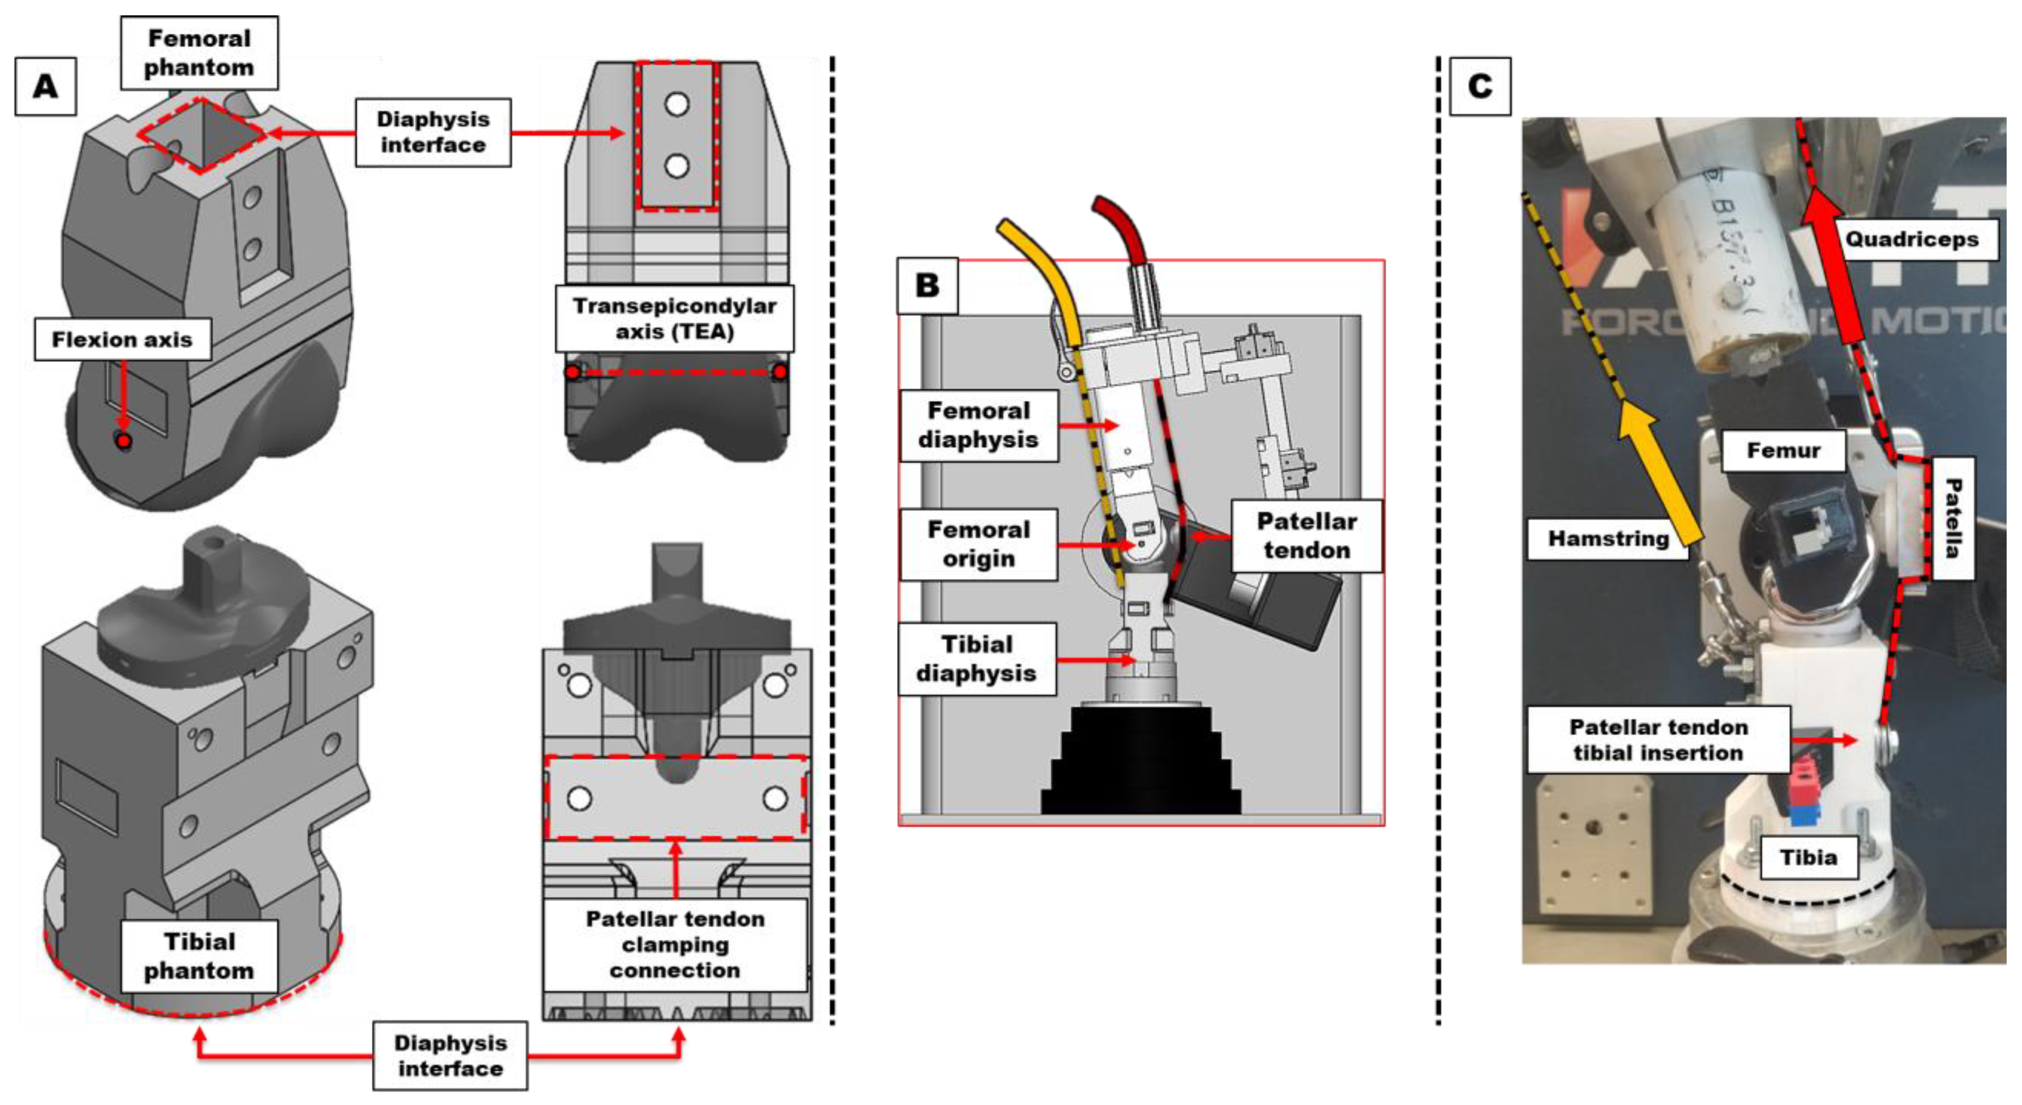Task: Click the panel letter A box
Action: click(46, 86)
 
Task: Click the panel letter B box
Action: click(927, 286)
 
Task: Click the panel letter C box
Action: click(1479, 86)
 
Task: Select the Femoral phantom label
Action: click(199, 53)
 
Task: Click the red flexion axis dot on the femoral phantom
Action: click(123, 442)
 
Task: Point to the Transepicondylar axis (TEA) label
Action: click(675, 318)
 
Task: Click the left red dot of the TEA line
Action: click(574, 372)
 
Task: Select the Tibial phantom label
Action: click(199, 956)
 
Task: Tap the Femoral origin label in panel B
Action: click(978, 544)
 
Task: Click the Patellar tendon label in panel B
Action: click(1306, 535)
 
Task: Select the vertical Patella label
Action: click(1952, 518)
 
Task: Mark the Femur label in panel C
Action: click(1783, 450)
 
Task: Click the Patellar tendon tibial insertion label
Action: click(1658, 739)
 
